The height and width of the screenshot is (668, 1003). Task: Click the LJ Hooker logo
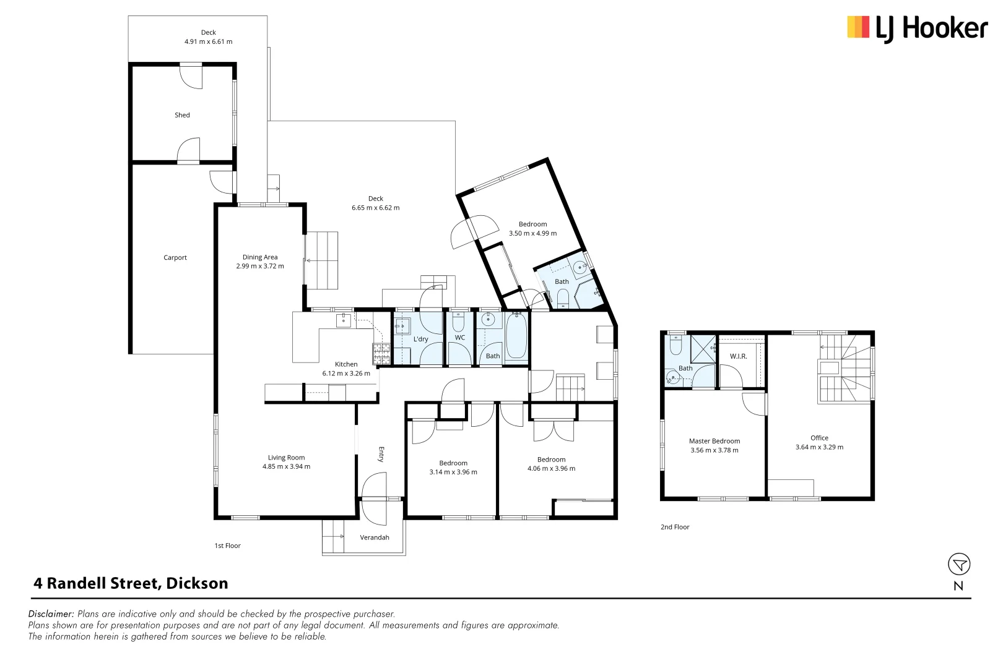917,28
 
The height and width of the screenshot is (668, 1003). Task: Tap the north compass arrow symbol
959,564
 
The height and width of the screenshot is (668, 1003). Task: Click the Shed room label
182,115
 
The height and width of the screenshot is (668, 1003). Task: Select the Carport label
175,258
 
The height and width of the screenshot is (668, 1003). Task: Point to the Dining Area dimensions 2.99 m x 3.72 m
260,267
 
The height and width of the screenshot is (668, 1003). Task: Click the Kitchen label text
346,364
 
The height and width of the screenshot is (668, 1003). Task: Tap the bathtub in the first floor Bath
516,338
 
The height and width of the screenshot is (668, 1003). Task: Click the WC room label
460,338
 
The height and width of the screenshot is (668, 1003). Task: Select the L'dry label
421,339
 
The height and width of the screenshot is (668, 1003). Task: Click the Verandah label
375,537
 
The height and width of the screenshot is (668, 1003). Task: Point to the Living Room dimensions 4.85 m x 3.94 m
286,467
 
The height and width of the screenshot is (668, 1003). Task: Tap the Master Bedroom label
714,441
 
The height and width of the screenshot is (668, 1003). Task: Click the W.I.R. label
738,356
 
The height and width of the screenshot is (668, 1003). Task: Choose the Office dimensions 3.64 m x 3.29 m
819,447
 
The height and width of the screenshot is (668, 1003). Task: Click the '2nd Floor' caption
675,527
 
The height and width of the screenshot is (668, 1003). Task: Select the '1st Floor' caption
227,546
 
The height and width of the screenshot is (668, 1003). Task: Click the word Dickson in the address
197,583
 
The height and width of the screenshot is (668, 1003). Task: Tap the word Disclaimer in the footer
51,614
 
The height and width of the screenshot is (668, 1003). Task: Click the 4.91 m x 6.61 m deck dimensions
208,42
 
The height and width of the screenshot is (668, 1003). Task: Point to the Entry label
381,454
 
